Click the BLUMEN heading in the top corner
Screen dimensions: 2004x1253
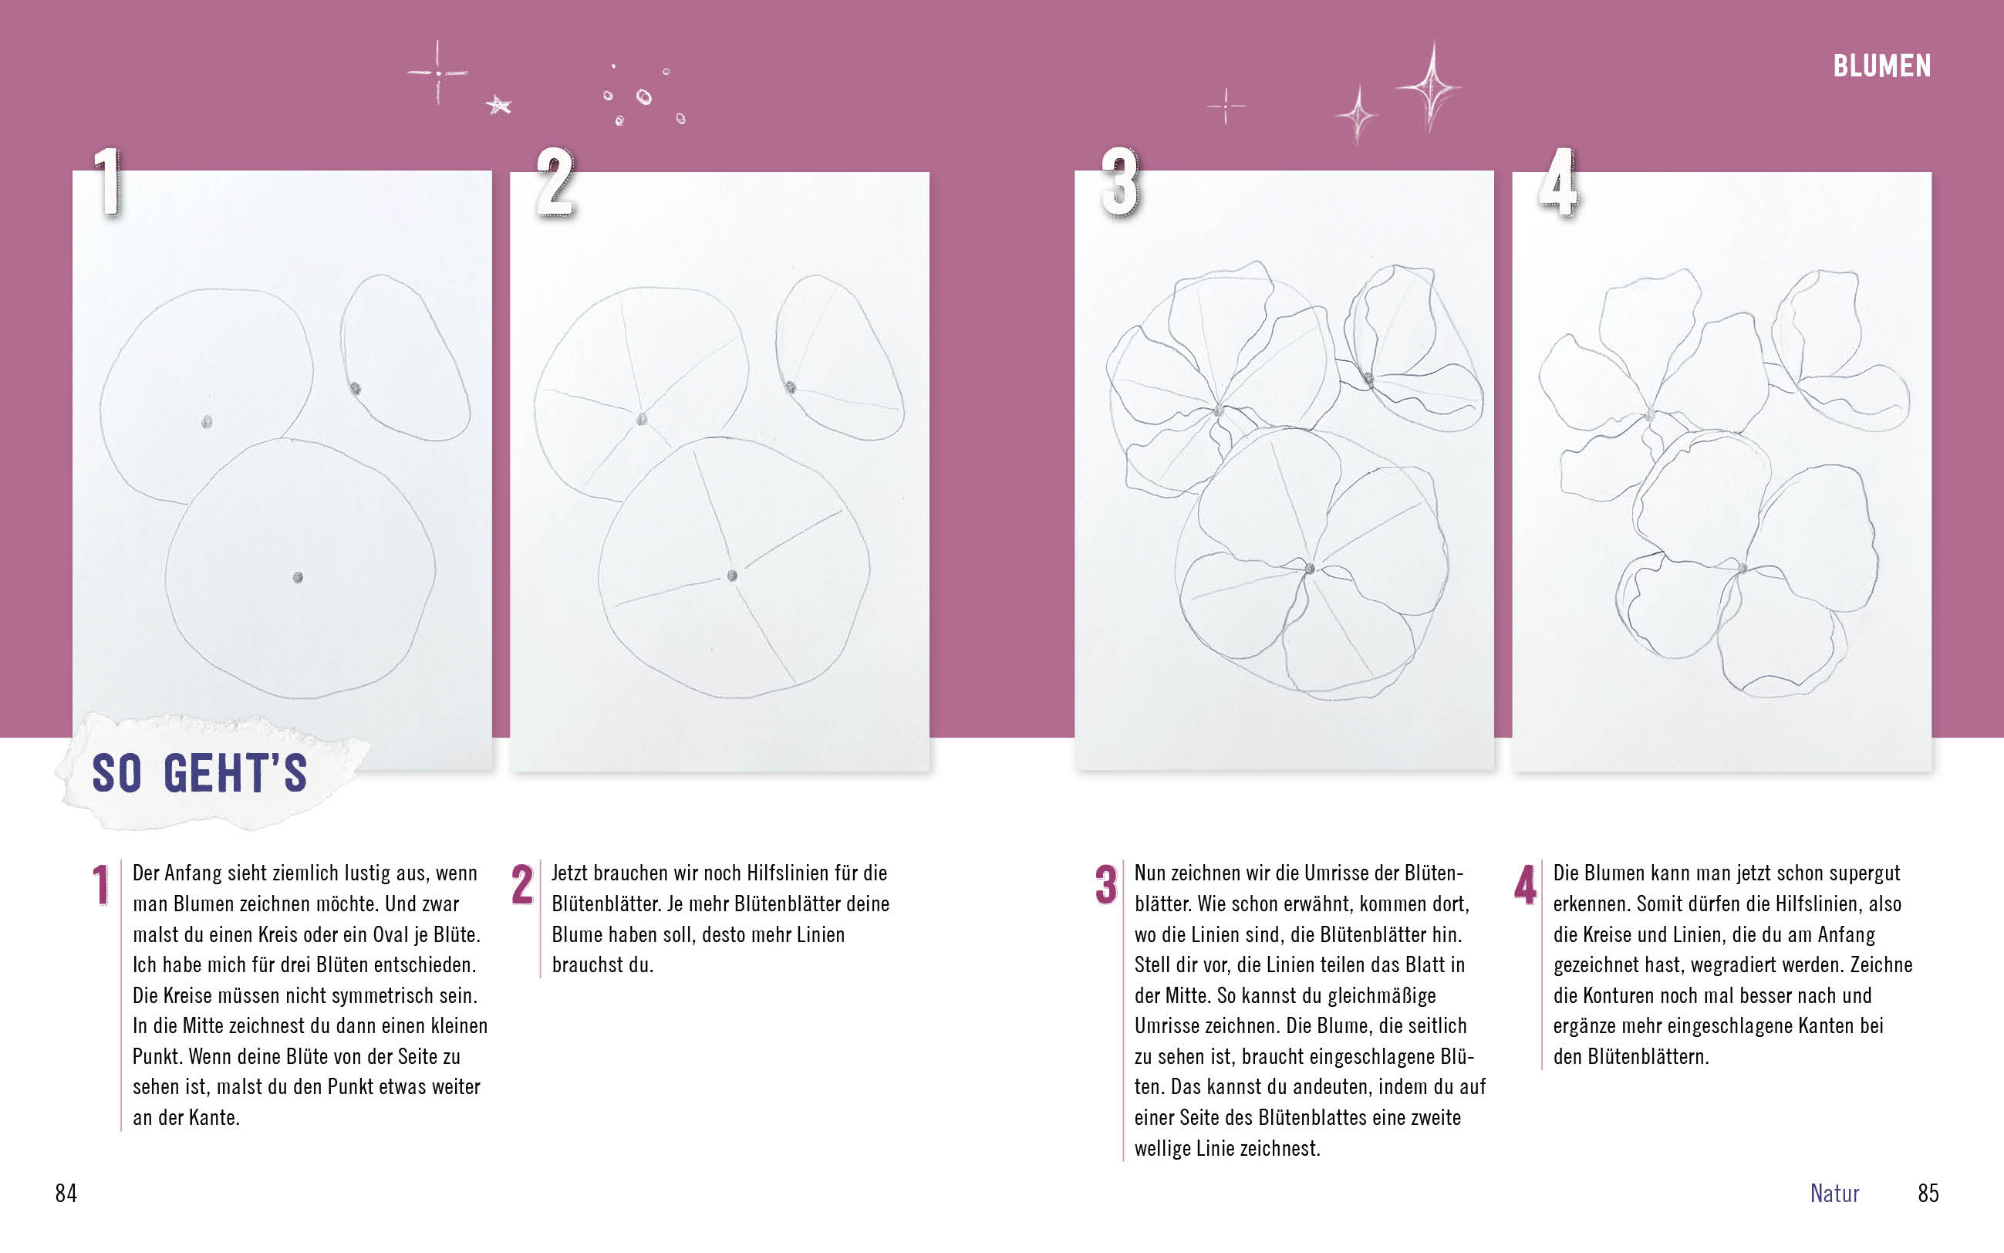(x=1881, y=66)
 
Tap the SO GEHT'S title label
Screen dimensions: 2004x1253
(x=200, y=773)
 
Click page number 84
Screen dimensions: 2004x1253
(x=66, y=1193)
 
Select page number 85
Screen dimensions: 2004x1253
(x=1928, y=1193)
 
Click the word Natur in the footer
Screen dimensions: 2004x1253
(x=1834, y=1193)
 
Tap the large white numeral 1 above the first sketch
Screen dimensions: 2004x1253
(x=107, y=181)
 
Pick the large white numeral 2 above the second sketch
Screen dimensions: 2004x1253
(x=555, y=181)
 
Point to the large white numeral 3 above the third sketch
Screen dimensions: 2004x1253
(x=1119, y=181)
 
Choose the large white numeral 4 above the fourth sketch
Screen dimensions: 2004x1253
(x=1558, y=181)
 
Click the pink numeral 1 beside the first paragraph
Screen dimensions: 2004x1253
(x=101, y=884)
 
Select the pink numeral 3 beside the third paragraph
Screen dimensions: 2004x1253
(x=1106, y=884)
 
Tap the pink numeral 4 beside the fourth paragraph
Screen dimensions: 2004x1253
(x=1525, y=884)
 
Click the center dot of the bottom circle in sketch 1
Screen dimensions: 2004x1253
(x=299, y=578)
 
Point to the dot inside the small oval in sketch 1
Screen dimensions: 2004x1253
(x=356, y=389)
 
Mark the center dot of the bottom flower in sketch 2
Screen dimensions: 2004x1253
(x=732, y=575)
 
